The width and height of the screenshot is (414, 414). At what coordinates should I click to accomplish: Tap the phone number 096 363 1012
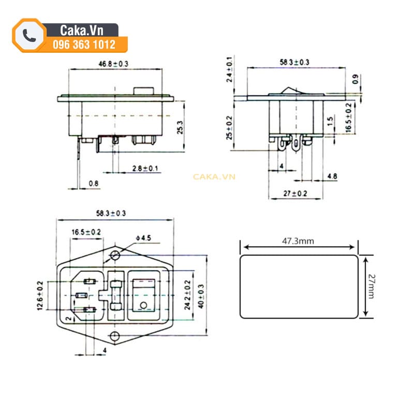pos(84,45)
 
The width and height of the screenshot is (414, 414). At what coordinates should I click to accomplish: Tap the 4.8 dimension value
pos(332,176)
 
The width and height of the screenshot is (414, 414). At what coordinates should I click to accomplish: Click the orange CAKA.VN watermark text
pos(214,176)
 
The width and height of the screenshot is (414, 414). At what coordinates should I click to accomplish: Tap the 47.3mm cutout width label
pos(298,241)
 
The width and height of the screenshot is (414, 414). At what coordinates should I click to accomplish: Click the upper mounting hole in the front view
pos(115,255)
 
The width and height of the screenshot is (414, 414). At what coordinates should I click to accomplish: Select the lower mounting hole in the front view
pos(115,337)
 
